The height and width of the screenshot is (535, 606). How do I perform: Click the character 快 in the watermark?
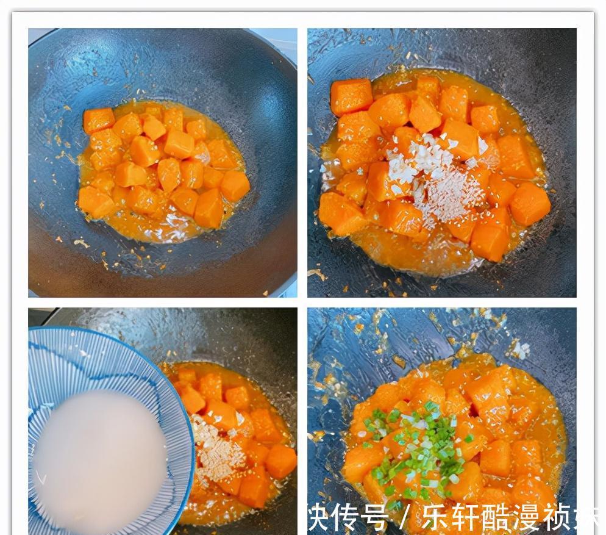pos(322,517)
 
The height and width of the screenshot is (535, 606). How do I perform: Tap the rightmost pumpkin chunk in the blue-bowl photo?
pos(281,461)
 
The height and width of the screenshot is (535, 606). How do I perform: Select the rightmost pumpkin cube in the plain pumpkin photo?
pos(235,185)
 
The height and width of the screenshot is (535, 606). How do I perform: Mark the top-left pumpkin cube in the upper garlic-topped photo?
pos(351,96)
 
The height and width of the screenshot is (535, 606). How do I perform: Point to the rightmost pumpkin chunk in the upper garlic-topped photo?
pos(530,204)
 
